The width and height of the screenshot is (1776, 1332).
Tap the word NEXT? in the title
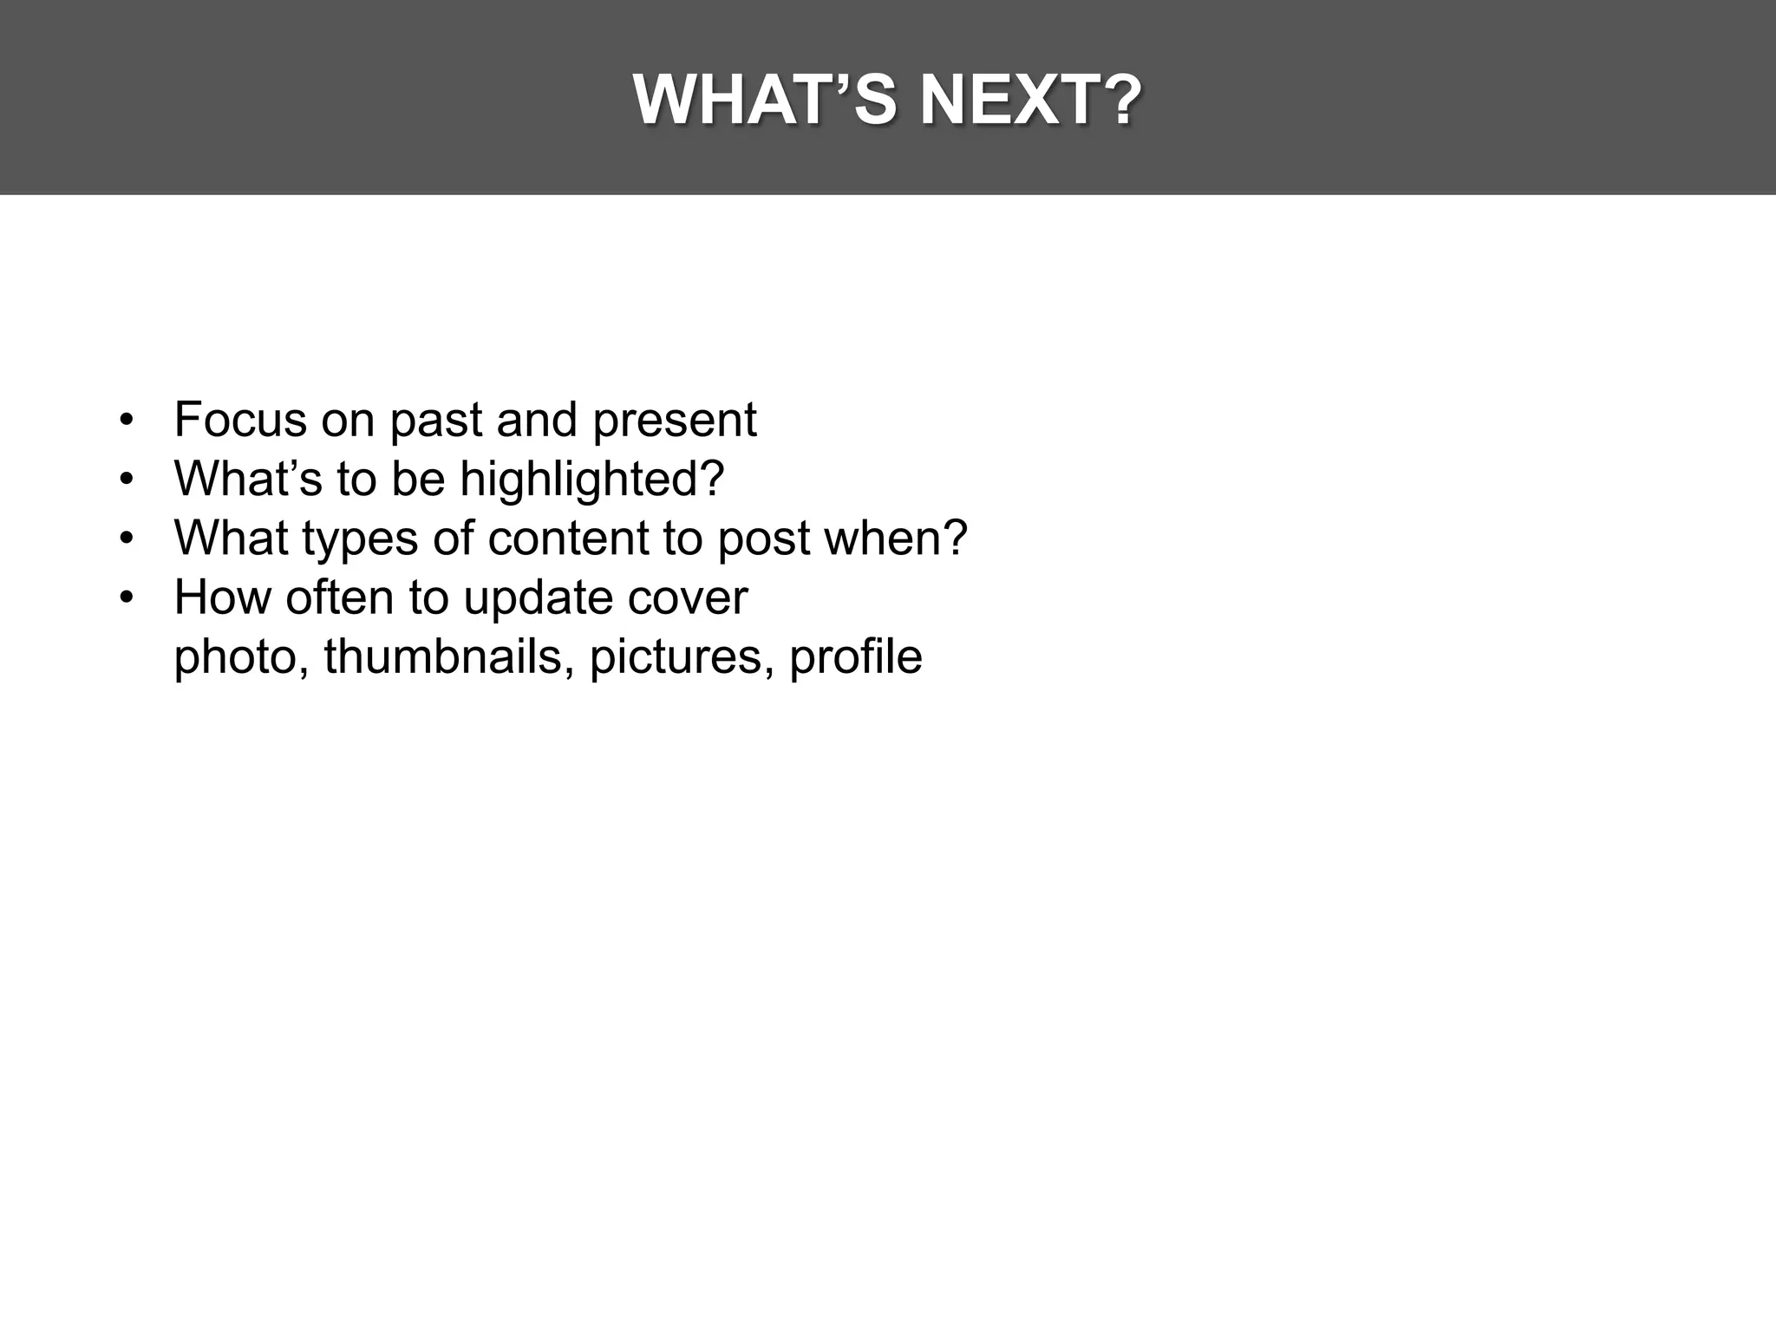click(1030, 101)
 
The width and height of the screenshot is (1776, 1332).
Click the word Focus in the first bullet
click(240, 420)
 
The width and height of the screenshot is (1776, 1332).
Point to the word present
click(674, 421)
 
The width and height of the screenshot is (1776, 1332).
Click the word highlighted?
click(591, 480)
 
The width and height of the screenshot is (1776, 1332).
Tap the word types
click(360, 539)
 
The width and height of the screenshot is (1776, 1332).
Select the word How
click(222, 597)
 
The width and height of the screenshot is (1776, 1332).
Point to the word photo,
click(242, 657)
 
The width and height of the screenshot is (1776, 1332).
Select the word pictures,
click(682, 657)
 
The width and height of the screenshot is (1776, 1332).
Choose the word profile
click(855, 657)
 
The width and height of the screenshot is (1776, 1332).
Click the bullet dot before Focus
click(127, 421)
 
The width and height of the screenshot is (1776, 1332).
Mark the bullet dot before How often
click(127, 598)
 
